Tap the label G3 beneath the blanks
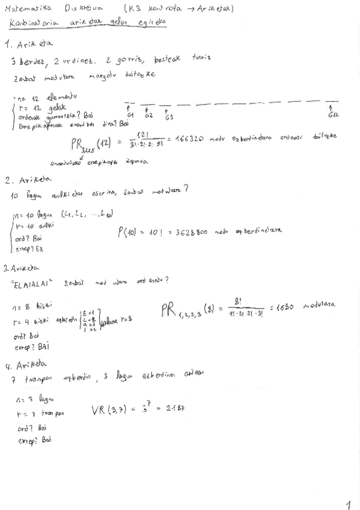coord(169,116)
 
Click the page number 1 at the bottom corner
coord(349,504)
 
